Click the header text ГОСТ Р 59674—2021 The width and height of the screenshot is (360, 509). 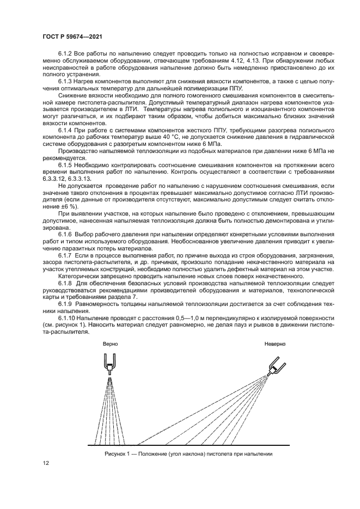(72, 36)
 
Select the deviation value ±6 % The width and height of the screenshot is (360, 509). (67, 207)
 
